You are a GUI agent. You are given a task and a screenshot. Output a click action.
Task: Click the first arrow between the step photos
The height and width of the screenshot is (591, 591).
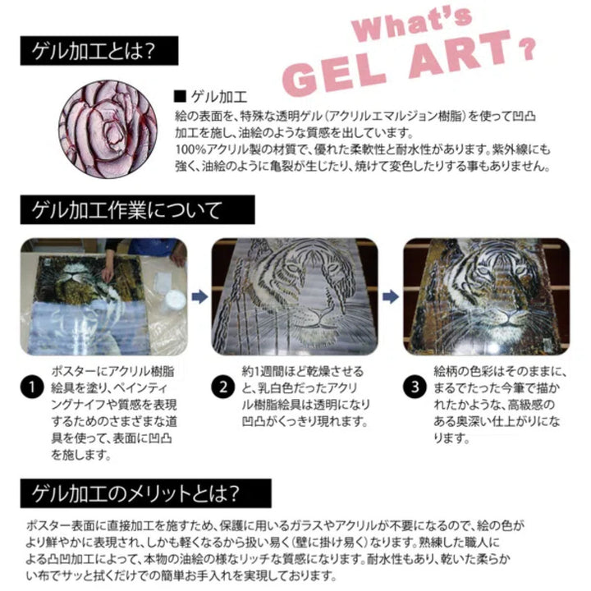[197, 294]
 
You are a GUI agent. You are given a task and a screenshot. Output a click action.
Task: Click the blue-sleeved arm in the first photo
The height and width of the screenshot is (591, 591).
[153, 246]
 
